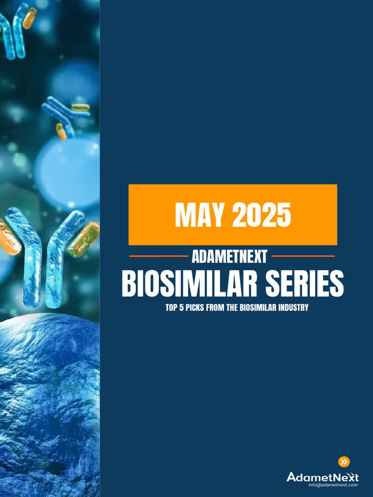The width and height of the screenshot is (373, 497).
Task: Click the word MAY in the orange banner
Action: tap(199, 215)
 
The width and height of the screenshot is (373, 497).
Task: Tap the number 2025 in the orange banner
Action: tap(261, 215)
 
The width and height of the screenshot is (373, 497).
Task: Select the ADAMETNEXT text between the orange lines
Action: tap(229, 256)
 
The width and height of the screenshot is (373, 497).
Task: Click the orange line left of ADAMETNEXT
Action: tap(158, 256)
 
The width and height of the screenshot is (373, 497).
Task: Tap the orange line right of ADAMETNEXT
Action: tap(303, 256)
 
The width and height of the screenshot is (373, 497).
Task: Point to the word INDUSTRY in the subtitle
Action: tap(292, 308)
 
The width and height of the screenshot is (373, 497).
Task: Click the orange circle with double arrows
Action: tap(344, 462)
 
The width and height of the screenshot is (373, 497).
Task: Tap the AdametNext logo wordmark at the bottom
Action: tap(322, 477)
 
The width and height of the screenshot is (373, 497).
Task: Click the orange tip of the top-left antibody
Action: tap(29, 18)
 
